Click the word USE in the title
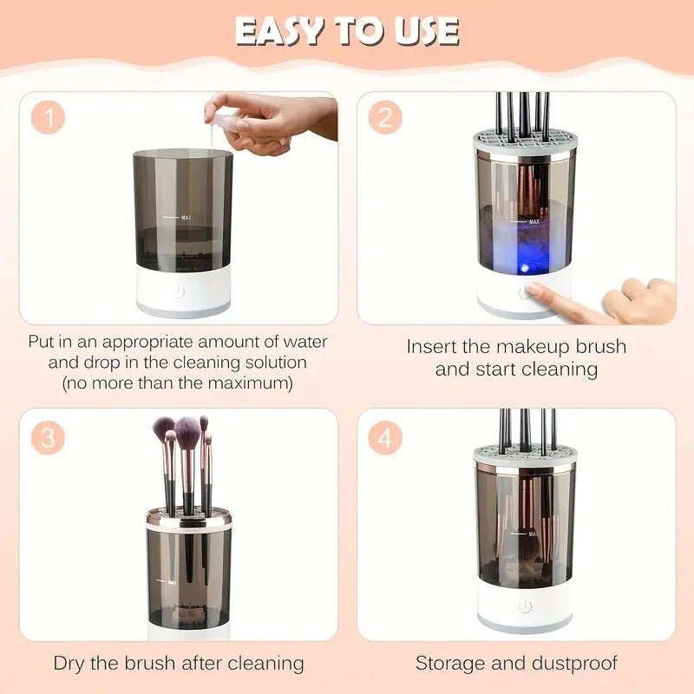422,32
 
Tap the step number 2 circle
385,118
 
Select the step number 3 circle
49,439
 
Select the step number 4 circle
385,439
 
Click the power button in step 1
180,292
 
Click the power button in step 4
524,606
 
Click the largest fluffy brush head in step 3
187,429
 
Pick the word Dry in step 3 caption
70,664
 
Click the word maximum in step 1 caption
259,383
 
